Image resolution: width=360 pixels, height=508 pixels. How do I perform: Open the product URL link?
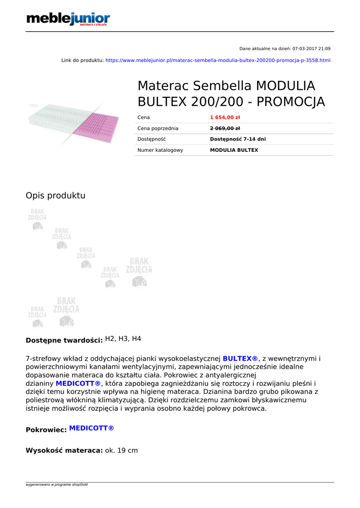coord(217,61)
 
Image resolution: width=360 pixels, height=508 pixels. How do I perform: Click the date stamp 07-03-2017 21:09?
coord(311,49)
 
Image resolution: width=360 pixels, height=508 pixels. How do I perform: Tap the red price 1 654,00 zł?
coord(225,118)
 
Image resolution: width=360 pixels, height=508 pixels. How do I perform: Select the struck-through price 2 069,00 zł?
coord(225,128)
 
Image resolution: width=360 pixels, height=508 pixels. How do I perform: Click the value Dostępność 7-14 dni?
coord(238,139)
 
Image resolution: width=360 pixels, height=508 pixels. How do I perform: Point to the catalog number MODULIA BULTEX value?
coord(234,150)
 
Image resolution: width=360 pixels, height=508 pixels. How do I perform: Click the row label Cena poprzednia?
coord(157,128)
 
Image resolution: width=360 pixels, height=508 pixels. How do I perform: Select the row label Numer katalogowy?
coord(160,150)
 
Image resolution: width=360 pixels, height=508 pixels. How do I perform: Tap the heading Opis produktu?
coord(55,195)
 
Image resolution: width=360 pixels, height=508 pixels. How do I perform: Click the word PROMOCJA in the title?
coord(291,102)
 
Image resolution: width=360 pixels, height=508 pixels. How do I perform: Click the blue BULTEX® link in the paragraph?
coord(240,359)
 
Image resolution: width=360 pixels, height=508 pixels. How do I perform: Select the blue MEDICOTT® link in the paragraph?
coord(78,384)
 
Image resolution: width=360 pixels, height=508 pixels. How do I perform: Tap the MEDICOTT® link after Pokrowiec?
coord(91,428)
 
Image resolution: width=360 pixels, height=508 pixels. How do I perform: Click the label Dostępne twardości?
coord(64,340)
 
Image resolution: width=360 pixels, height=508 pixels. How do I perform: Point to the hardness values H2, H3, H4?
coord(123,339)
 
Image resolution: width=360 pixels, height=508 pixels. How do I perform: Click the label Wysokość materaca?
coord(64,450)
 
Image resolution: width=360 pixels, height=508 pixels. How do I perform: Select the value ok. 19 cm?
coord(121,450)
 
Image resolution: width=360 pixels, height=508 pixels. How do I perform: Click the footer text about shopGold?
coord(57,485)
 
